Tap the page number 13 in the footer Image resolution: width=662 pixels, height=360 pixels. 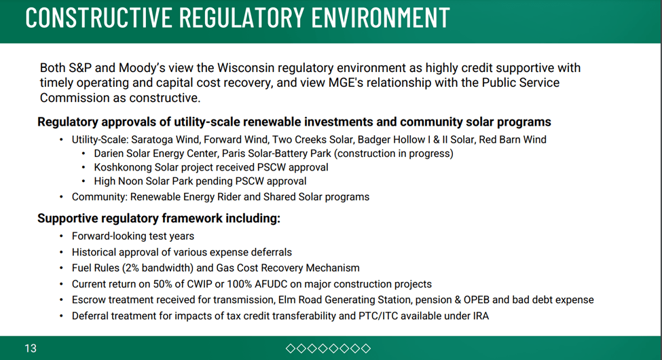tap(31, 348)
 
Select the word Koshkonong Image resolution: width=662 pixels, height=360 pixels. tap(122, 167)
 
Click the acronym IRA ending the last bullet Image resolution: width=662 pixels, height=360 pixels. tap(479, 316)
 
